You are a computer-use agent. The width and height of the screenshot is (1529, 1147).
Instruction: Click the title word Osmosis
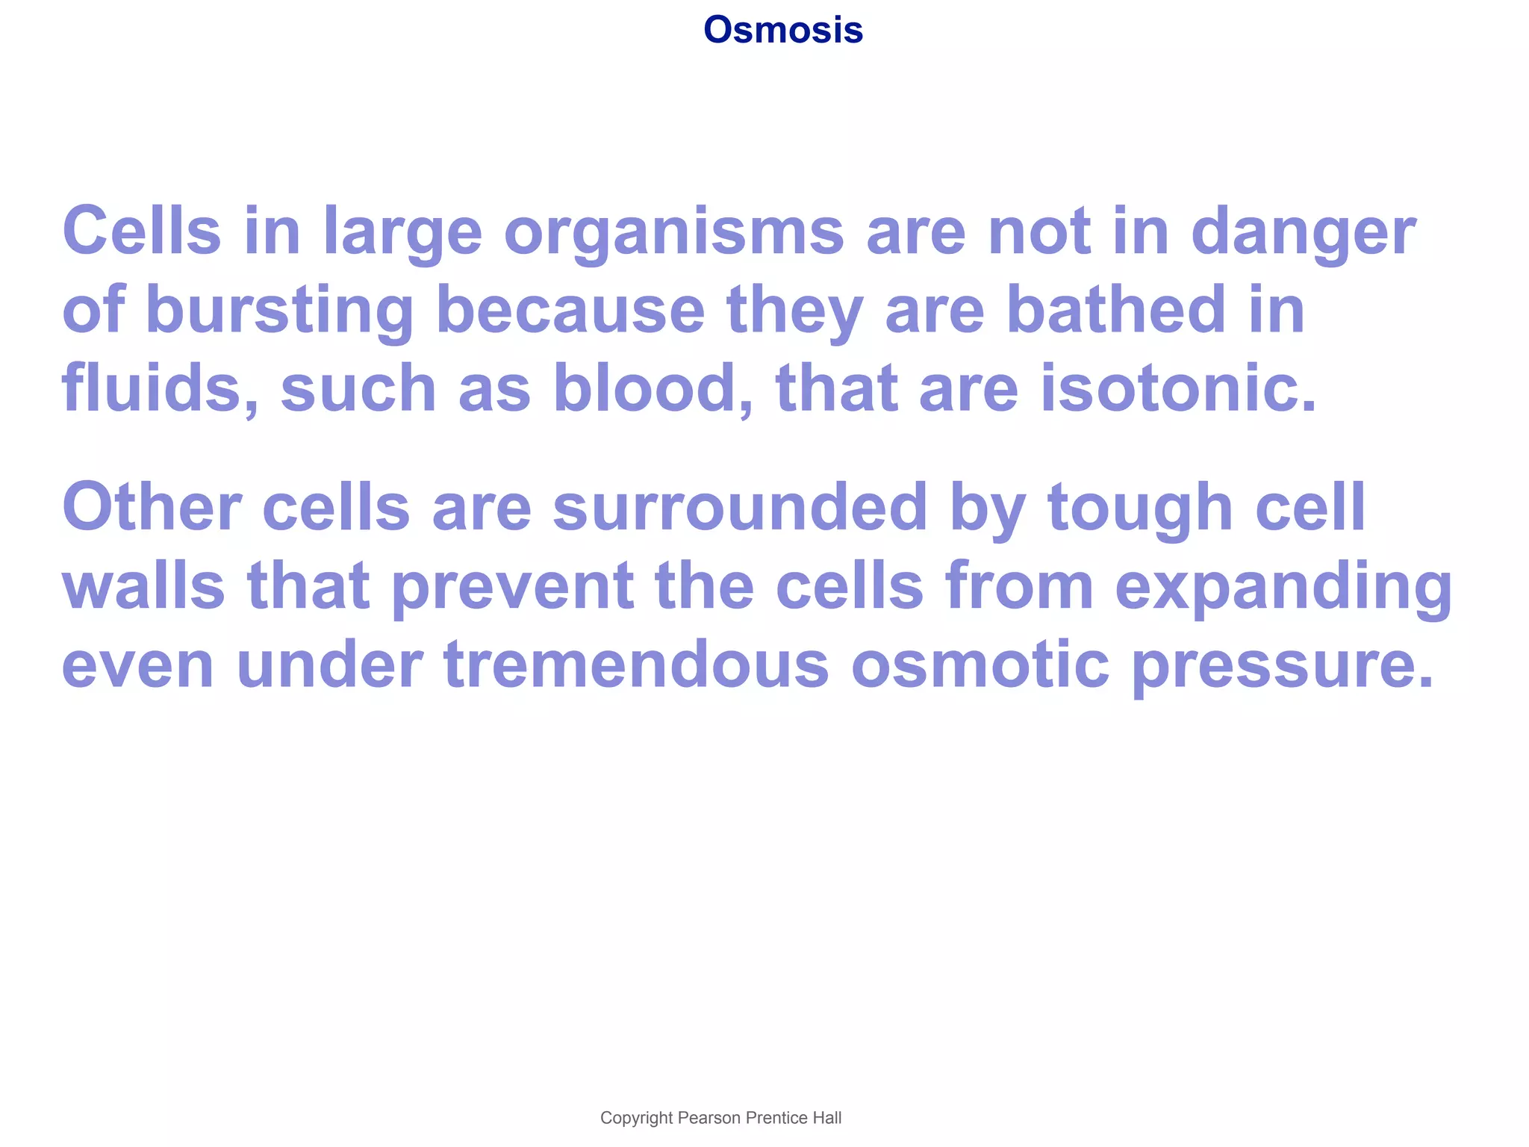783,31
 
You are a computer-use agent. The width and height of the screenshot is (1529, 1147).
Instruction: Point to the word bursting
279,311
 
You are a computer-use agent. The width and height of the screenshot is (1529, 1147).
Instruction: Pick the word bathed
1115,311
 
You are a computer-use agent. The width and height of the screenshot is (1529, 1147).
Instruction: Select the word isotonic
1178,388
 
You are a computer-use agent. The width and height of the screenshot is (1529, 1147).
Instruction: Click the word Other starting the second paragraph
152,508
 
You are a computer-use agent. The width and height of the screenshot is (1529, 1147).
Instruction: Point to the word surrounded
740,508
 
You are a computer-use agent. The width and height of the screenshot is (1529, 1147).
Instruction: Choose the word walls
143,587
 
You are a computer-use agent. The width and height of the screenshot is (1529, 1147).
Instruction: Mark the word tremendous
636,665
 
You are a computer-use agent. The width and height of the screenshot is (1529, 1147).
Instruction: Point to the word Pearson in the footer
709,1118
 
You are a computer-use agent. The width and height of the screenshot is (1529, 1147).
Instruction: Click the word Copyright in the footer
636,1118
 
